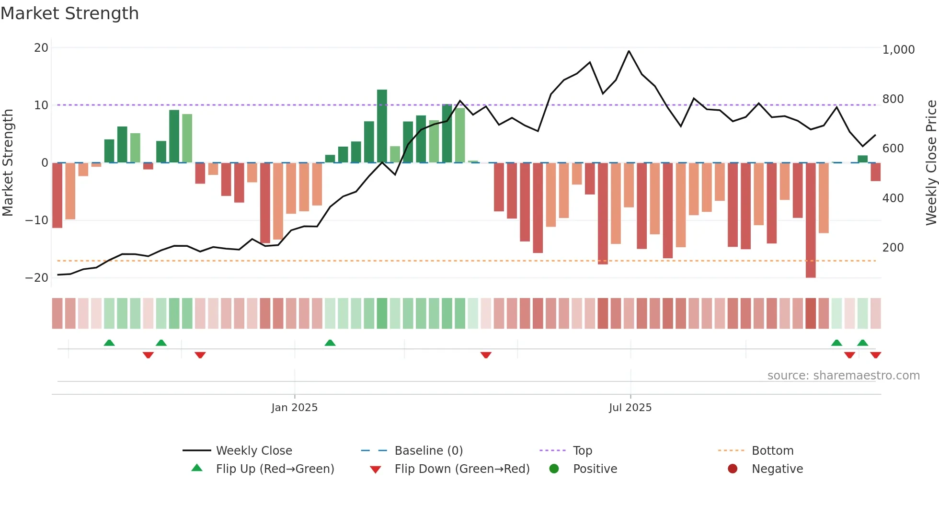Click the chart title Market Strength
(x=69, y=13)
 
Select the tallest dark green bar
(x=382, y=126)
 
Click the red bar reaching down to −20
(x=811, y=220)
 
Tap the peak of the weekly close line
(x=629, y=51)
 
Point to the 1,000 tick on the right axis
(x=898, y=50)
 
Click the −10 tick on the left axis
(x=37, y=220)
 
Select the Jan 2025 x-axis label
(x=294, y=408)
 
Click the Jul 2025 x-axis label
(x=630, y=408)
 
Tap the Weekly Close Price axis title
(x=931, y=163)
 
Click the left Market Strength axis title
(x=8, y=163)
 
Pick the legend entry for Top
(x=582, y=451)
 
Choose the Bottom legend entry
(x=772, y=451)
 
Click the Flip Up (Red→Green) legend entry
(x=275, y=469)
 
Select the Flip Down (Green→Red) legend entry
(x=462, y=469)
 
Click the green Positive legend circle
(x=554, y=469)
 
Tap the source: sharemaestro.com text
(x=843, y=376)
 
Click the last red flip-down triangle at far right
(x=875, y=355)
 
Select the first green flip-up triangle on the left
(x=109, y=343)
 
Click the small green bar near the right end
(x=862, y=159)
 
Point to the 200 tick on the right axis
(x=893, y=248)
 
